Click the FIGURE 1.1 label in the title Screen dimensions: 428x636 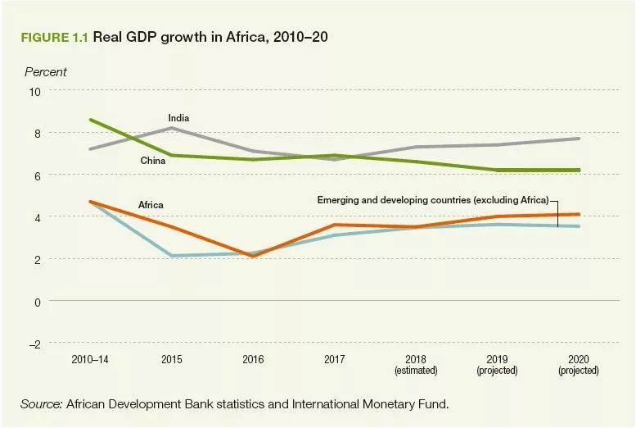click(x=54, y=39)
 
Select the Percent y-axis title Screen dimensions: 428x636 click(x=46, y=72)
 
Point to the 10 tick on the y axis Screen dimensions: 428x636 click(x=34, y=91)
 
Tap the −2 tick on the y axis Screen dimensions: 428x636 click(x=34, y=344)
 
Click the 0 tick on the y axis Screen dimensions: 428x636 click(x=37, y=301)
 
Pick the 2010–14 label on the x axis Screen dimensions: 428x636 click(x=89, y=360)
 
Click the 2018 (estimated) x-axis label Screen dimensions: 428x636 click(x=416, y=365)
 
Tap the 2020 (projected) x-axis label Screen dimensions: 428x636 click(x=579, y=365)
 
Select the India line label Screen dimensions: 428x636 click(x=178, y=119)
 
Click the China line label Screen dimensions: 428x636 click(x=152, y=161)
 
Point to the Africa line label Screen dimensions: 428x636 click(x=151, y=204)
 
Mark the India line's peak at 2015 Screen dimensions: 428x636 click(x=171, y=128)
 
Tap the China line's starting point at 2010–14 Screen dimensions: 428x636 click(x=89, y=120)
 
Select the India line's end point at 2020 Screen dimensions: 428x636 click(x=579, y=139)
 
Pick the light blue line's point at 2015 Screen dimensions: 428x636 click(x=171, y=256)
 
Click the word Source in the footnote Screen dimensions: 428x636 click(x=41, y=404)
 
